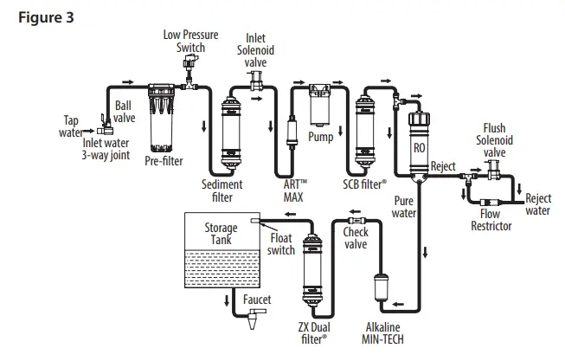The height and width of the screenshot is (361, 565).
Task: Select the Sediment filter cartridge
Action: pyautogui.click(x=233, y=130)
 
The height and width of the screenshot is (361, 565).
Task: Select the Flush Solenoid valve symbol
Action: pyautogui.click(x=496, y=174)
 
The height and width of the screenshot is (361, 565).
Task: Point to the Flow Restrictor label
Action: pyautogui.click(x=490, y=221)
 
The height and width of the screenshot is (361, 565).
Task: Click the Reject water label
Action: pyautogui.click(x=538, y=204)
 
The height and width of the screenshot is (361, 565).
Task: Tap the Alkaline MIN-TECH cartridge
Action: pyautogui.click(x=382, y=293)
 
